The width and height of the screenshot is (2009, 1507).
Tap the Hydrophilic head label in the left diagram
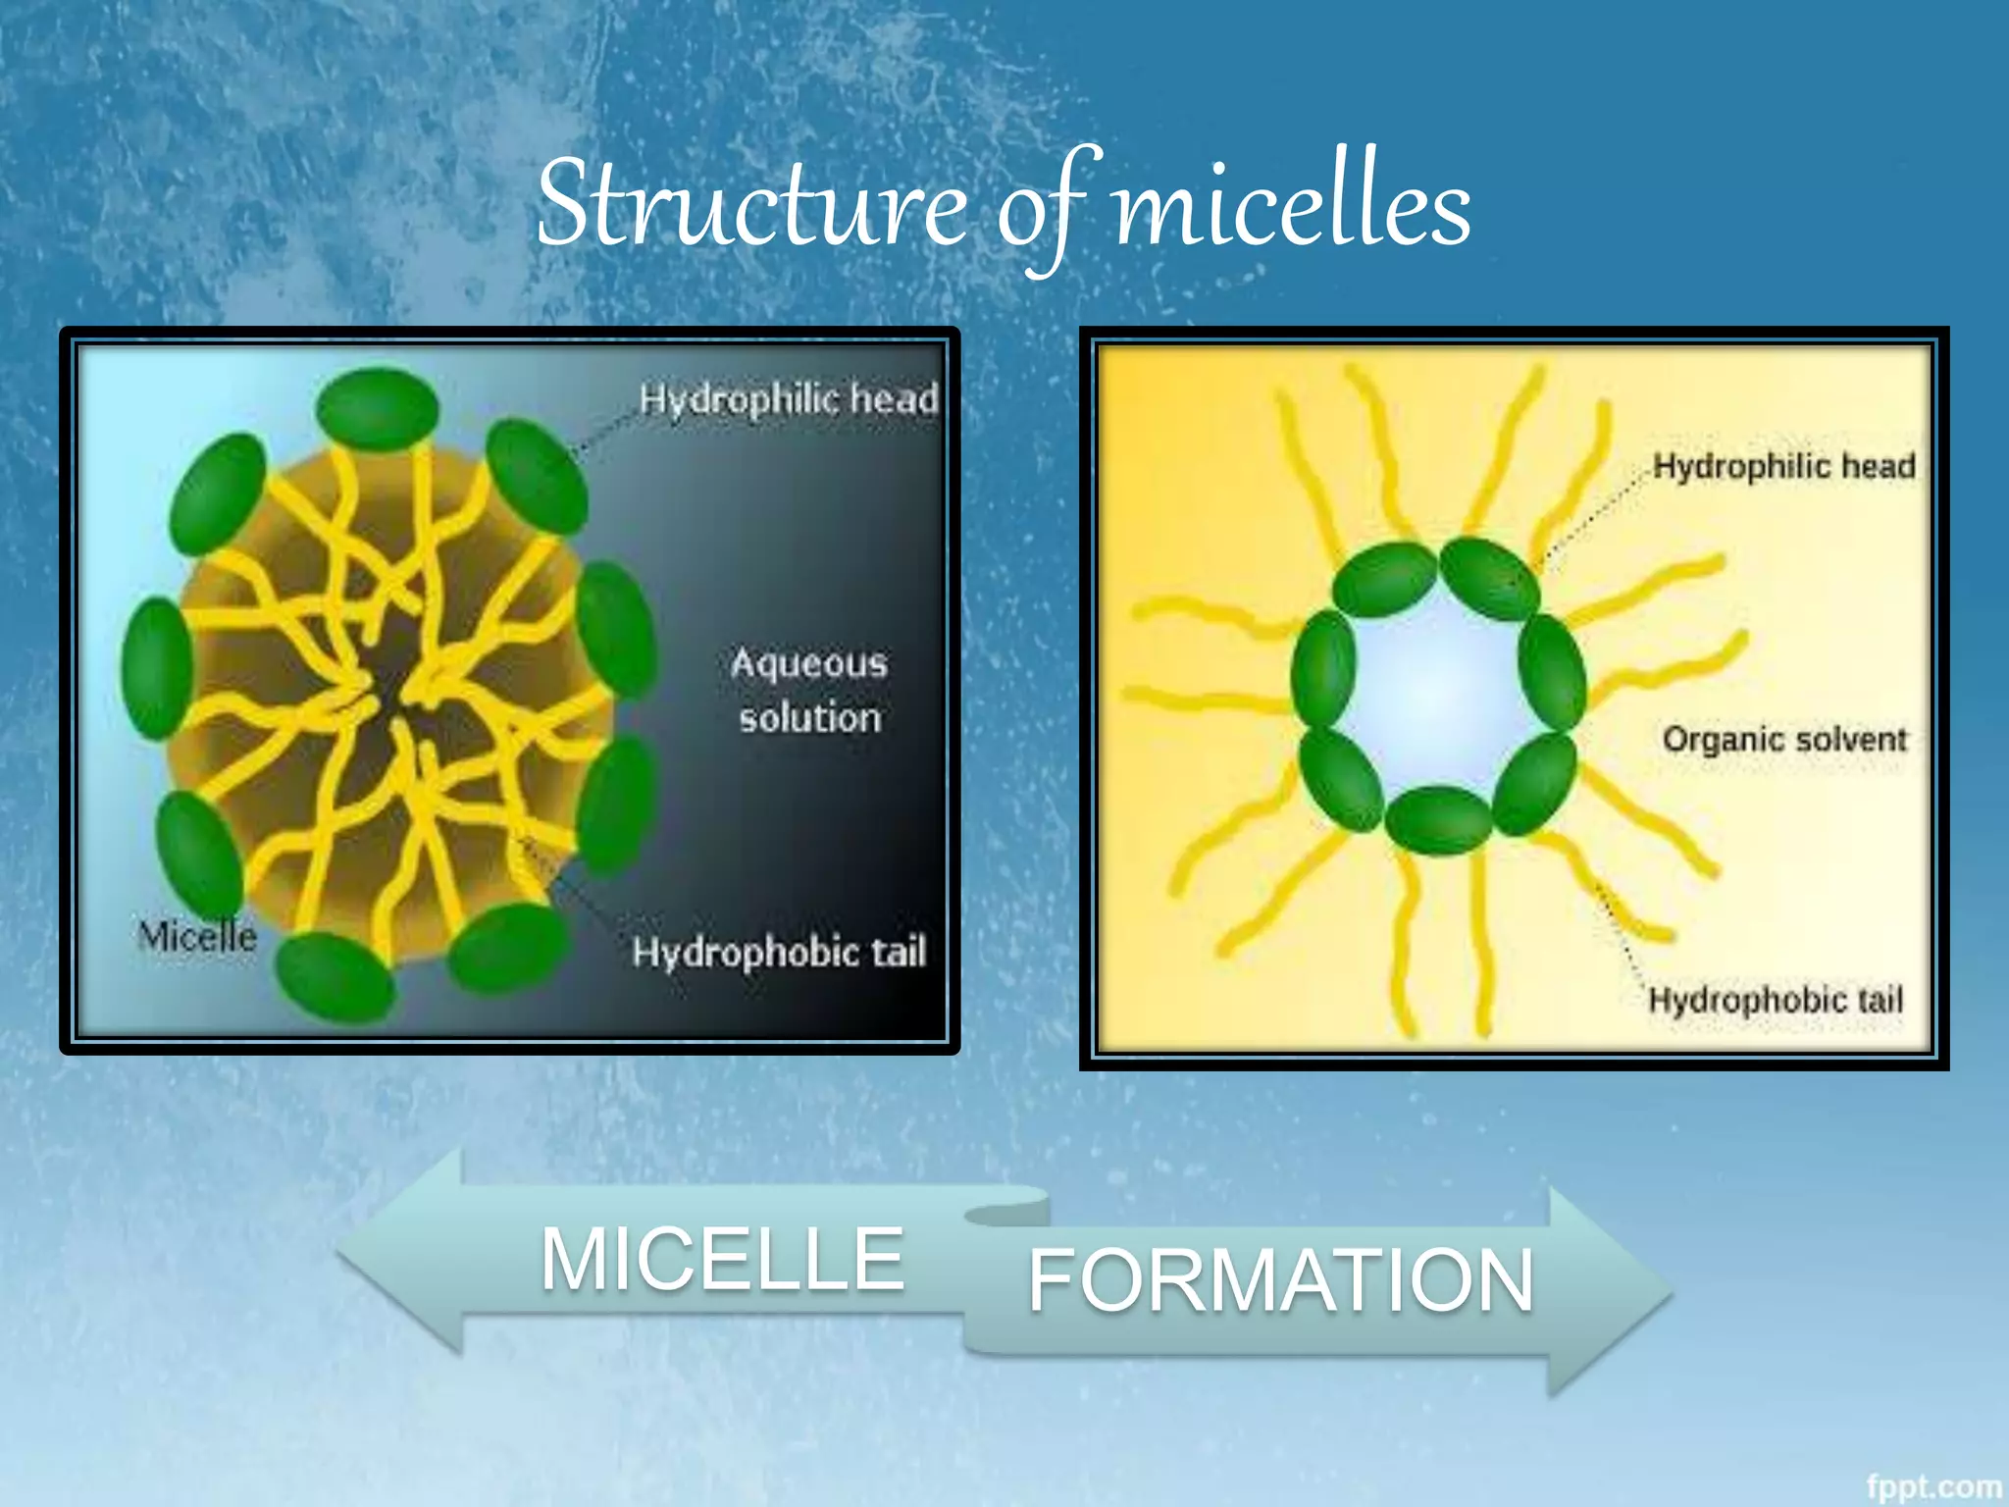click(x=788, y=399)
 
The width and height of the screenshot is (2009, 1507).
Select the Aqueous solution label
click(x=809, y=691)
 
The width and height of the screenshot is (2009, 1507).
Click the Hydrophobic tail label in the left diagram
click(x=779, y=953)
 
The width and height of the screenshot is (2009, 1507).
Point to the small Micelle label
click(x=197, y=937)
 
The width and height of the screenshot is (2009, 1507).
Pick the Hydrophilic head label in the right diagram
click(x=1783, y=466)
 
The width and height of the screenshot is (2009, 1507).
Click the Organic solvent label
click(x=1784, y=739)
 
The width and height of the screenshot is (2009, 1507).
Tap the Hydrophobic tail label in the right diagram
click(x=1776, y=1001)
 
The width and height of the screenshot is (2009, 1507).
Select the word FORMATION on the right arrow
click(x=1280, y=1280)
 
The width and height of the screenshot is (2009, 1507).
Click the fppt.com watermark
click(x=1933, y=1486)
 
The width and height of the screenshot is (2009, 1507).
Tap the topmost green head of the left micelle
click(x=378, y=409)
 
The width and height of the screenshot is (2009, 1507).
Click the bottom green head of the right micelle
click(x=1439, y=820)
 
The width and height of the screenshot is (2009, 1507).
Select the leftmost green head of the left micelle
click(x=156, y=668)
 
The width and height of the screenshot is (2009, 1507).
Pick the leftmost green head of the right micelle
click(x=1323, y=669)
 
